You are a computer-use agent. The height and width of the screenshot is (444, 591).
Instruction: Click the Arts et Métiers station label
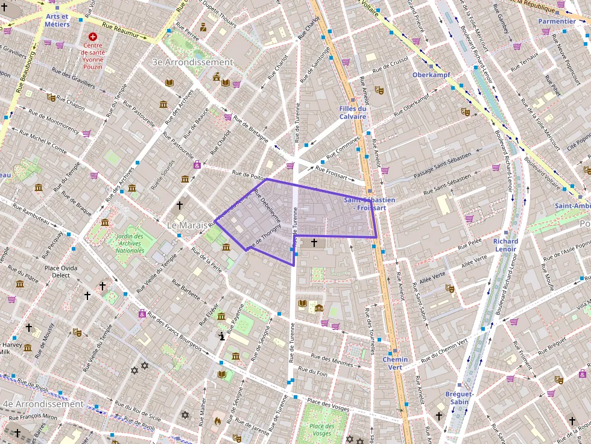tap(57, 20)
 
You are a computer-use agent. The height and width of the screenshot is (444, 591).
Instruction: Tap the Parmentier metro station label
tap(557, 21)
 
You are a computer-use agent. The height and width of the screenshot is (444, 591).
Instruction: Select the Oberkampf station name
tap(431, 75)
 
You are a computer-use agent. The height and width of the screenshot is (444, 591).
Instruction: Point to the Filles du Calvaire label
tap(353, 113)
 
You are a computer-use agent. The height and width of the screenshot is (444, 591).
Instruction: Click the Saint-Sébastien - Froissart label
tap(369, 204)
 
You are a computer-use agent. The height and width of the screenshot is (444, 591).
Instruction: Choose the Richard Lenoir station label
tap(505, 245)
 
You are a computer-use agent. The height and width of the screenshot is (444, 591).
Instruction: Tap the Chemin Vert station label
tap(395, 363)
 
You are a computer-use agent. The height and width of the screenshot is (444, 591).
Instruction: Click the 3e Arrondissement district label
tap(192, 62)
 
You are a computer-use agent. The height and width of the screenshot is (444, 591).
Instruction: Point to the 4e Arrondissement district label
tap(42, 404)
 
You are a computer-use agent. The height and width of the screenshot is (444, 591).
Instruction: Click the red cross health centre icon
tap(93, 37)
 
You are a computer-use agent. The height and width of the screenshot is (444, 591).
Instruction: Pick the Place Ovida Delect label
tap(65, 271)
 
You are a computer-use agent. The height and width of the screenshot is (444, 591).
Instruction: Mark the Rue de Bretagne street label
tap(250, 128)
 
